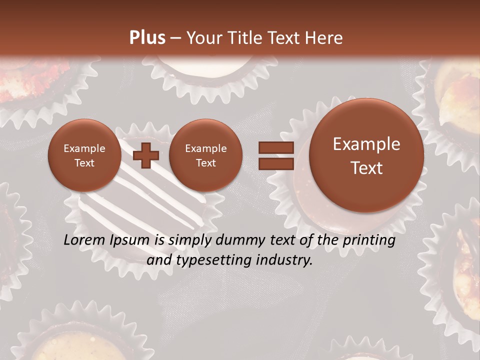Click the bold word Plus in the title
point(147,38)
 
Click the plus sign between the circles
point(146,155)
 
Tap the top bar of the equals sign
point(275,147)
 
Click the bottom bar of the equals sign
point(275,163)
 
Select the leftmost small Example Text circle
point(84,155)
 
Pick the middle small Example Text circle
point(205,155)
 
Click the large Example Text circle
point(366,155)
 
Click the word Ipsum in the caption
point(129,240)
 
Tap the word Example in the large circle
point(366,144)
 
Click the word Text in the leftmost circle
point(84,163)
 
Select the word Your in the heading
point(203,38)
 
